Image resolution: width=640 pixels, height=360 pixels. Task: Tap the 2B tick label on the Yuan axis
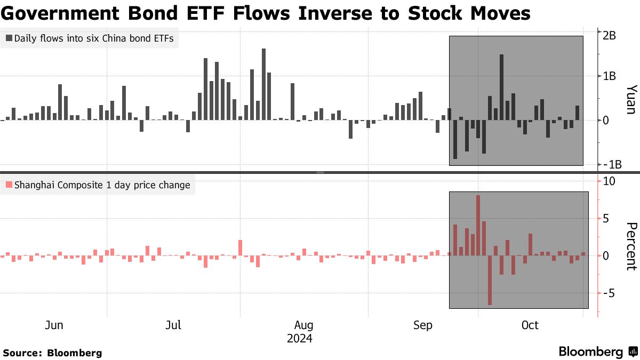[x=610, y=35]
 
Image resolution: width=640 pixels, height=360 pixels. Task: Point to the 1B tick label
[x=610, y=76]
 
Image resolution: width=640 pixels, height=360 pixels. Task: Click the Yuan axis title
[x=630, y=99]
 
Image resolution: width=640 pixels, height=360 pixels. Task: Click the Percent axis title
[x=630, y=246]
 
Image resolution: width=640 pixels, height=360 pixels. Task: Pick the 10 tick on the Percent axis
[x=610, y=181]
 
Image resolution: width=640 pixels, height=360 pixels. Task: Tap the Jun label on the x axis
[x=54, y=325]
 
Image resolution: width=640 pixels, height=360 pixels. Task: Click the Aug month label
[x=303, y=325]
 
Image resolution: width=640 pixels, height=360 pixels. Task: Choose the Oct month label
[x=530, y=325]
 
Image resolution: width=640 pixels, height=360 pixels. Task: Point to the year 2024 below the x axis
[x=300, y=339]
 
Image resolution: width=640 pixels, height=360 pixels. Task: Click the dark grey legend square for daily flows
[x=9, y=38]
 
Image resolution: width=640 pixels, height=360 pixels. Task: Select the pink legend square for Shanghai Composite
[x=9, y=186]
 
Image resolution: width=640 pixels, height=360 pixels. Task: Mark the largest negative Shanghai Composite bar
[x=490, y=280]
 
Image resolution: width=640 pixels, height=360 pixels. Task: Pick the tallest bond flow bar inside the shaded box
[x=501, y=87]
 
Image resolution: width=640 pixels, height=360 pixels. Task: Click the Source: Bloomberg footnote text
[x=52, y=353]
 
